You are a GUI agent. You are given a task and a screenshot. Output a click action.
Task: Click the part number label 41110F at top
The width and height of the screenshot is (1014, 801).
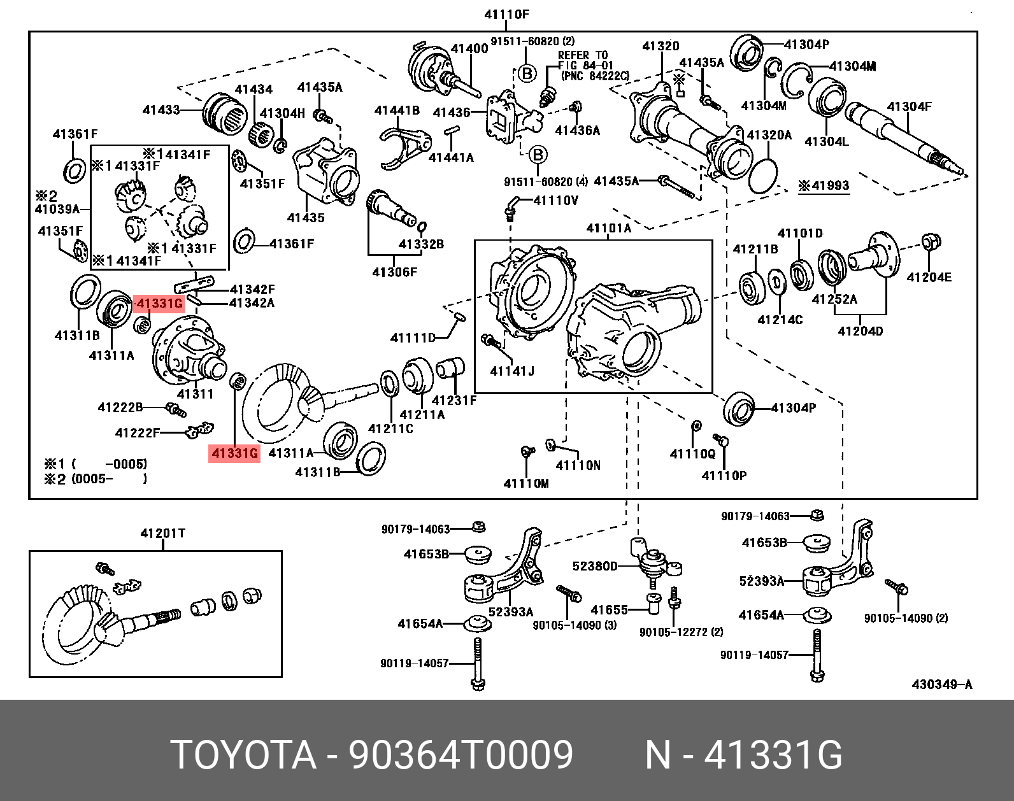tap(506, 14)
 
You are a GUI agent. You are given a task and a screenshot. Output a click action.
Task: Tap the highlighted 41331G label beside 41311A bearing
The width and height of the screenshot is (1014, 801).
tap(159, 303)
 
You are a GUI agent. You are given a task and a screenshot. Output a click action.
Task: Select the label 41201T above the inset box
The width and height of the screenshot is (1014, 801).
tap(162, 534)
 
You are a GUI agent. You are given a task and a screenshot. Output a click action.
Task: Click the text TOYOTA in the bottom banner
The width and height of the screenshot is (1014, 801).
tap(243, 755)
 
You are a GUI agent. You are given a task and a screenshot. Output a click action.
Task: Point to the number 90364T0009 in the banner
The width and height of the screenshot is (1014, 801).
tap(461, 755)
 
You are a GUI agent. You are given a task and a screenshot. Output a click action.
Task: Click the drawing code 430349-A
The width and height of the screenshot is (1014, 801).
tap(941, 684)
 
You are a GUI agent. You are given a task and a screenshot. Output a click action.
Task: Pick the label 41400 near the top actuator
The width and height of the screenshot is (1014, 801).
tap(469, 48)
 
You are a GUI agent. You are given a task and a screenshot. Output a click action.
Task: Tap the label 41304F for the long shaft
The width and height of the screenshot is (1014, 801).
tap(909, 106)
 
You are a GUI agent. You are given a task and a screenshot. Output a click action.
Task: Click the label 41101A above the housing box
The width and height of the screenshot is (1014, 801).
tap(608, 228)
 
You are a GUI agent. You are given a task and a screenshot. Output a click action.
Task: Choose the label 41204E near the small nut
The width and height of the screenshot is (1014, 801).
tap(929, 277)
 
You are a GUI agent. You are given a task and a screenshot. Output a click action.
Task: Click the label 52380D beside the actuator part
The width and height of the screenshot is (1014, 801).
tap(594, 566)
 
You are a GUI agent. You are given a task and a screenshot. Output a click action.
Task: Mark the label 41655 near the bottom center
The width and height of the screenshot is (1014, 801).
tap(609, 610)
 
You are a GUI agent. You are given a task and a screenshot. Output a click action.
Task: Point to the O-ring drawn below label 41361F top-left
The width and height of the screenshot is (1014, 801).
tap(75, 171)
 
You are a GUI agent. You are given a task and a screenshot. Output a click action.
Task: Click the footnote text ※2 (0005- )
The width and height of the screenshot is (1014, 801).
tap(96, 479)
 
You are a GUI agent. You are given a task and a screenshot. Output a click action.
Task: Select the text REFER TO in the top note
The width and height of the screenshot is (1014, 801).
tap(583, 55)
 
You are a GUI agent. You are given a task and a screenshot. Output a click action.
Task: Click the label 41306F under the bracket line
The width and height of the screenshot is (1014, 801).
tap(394, 273)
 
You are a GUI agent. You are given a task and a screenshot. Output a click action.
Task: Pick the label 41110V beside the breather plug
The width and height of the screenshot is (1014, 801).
tap(555, 201)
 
